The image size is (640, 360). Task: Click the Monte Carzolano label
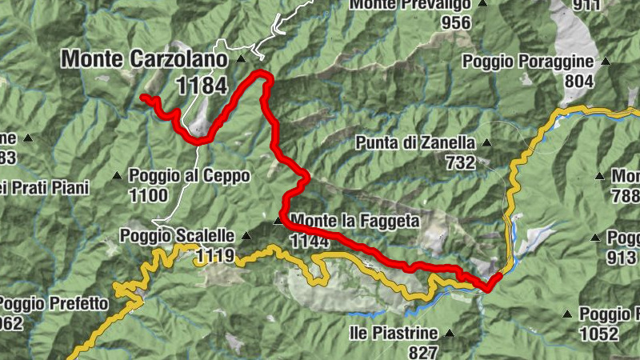point(146,59)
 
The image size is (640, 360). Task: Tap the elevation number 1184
point(203,86)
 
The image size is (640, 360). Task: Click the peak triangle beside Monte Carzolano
point(242,59)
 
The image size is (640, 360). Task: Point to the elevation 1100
point(148,195)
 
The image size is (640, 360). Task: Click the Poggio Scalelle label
point(177,236)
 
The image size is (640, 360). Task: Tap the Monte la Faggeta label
point(355,220)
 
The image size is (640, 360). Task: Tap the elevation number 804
point(578,81)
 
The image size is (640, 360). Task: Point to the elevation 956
point(456,22)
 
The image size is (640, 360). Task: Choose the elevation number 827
point(422,352)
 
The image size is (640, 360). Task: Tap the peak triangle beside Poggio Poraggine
point(606,62)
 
